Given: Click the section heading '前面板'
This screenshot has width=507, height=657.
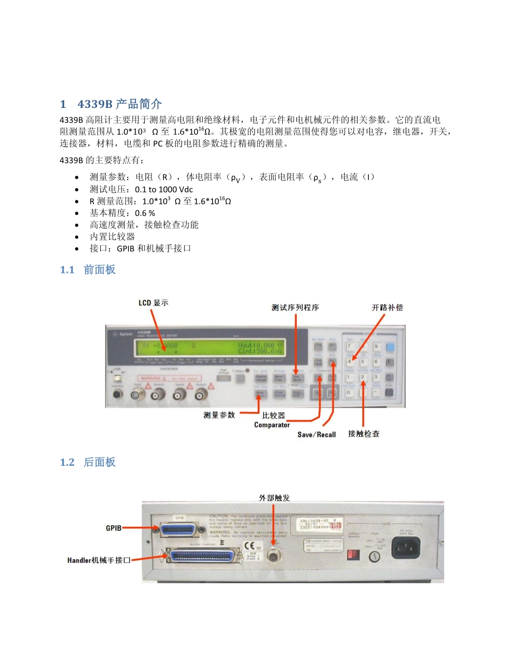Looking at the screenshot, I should pos(99,270).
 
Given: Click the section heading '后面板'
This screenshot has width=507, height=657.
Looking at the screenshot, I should pos(99,462).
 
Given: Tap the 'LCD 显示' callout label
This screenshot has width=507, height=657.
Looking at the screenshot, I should pos(153,303).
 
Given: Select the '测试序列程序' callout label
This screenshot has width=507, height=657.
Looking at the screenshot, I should pos(296,308).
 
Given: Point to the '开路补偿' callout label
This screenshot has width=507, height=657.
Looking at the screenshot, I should pos(387,308).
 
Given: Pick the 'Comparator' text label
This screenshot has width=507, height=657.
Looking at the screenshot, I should pos(272,425).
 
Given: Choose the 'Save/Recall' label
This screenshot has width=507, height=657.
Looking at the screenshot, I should pos(316,435).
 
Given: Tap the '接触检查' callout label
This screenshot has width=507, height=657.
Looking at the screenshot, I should pos(363,434).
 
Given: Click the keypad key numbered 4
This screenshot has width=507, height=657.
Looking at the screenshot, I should pos(350,362).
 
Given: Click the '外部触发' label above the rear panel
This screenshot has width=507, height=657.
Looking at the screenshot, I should pos(274,497).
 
